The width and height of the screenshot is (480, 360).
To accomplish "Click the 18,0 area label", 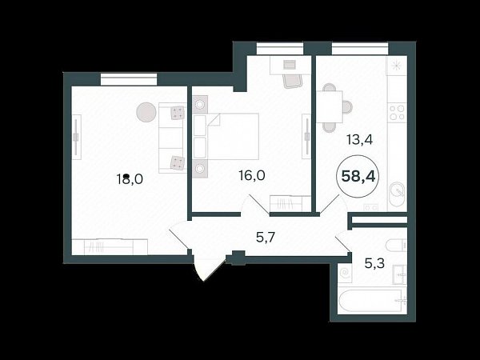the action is click(x=130, y=178).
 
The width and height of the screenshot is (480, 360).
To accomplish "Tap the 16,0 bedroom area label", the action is click(x=252, y=176).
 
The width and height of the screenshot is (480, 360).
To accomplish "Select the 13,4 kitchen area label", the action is click(x=359, y=140).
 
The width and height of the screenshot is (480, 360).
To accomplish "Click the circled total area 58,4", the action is click(x=358, y=176).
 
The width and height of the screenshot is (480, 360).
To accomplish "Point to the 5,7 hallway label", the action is click(x=266, y=237).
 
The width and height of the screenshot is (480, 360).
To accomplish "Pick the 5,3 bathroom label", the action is click(x=374, y=263).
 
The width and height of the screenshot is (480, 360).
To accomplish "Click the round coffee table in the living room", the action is click(x=146, y=112).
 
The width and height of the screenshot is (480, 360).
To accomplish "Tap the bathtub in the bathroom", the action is click(x=372, y=301).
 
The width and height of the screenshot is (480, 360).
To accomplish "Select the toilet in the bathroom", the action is click(x=396, y=246).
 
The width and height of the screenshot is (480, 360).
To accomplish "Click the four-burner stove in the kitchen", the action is click(x=397, y=112).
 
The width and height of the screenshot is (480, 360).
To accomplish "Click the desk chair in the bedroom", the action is click(x=293, y=81).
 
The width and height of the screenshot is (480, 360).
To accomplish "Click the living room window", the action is click(x=129, y=79).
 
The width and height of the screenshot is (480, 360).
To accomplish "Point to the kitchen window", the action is click(x=360, y=49).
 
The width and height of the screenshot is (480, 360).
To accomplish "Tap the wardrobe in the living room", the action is click(x=110, y=246).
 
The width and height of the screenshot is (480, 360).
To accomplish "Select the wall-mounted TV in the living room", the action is click(x=76, y=137).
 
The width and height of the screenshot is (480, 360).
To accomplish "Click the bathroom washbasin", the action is click(x=400, y=275).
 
